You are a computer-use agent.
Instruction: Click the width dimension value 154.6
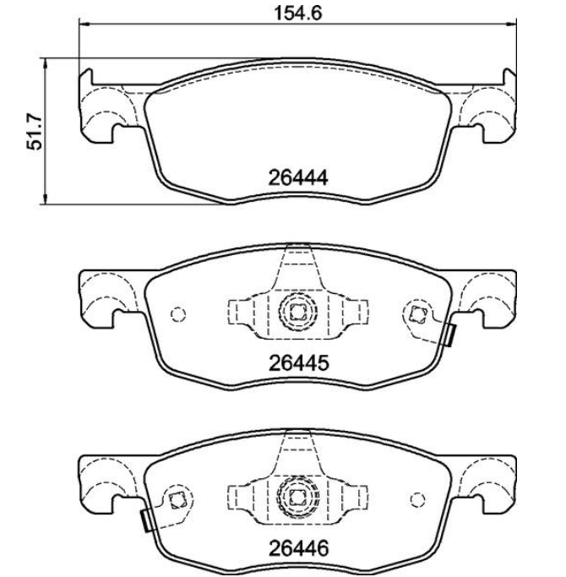[x=298, y=14]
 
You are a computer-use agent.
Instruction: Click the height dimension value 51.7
[x=35, y=132]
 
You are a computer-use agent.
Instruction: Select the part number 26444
[x=297, y=178]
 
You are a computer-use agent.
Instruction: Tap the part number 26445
[x=298, y=363]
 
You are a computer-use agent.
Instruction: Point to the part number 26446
[x=298, y=548]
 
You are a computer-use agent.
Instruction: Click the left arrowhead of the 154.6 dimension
[x=84, y=24]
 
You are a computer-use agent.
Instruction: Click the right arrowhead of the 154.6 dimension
[x=511, y=24]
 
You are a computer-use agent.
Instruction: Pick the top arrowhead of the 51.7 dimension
[x=46, y=63]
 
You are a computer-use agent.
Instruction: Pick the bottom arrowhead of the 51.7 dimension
[x=46, y=199]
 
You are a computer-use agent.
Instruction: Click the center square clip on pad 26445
[x=297, y=313]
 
